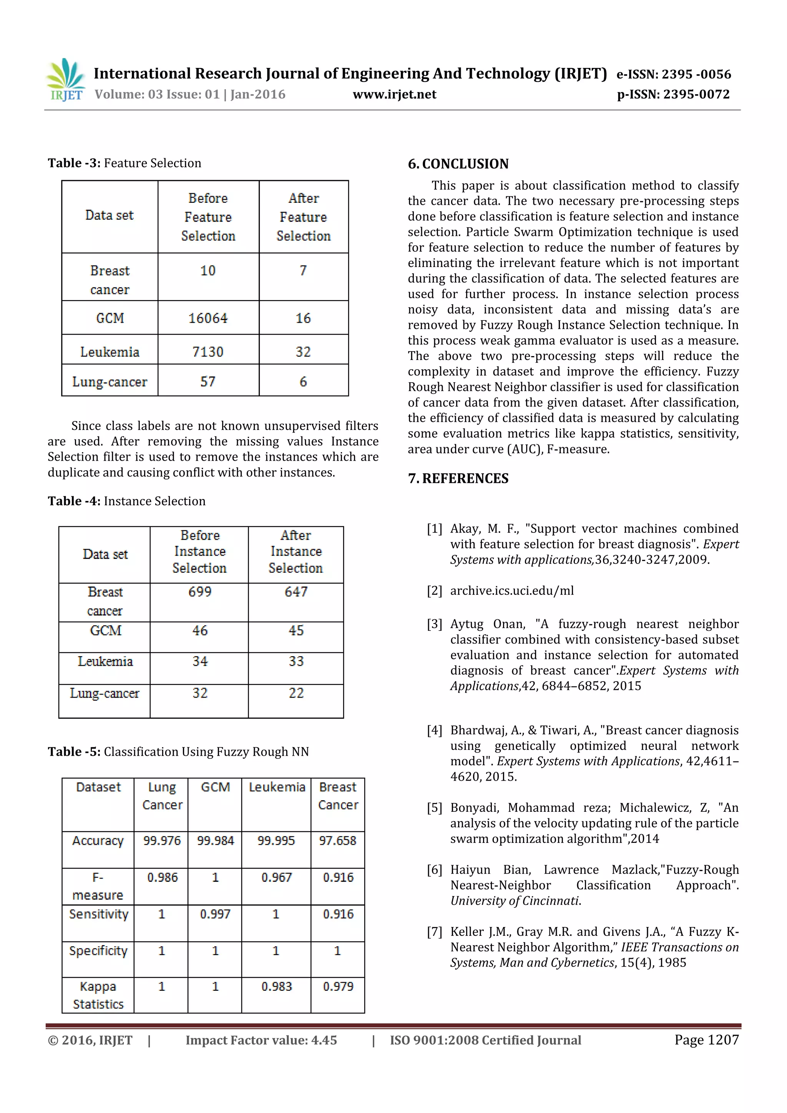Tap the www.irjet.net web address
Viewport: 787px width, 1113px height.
pyautogui.click(x=394, y=94)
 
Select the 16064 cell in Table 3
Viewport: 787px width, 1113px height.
pyautogui.click(x=208, y=318)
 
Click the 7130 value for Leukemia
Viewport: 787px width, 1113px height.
pyautogui.click(x=208, y=352)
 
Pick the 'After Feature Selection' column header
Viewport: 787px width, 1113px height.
pyautogui.click(x=304, y=217)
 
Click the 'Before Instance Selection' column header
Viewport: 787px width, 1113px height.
pyautogui.click(x=199, y=552)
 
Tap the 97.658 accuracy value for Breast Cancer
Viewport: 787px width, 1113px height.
pyautogui.click(x=337, y=841)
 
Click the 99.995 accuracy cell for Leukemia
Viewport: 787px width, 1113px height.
pyautogui.click(x=276, y=841)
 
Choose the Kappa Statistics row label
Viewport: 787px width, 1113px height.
pyautogui.click(x=98, y=995)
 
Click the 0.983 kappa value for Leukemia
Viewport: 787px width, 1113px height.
pyautogui.click(x=276, y=987)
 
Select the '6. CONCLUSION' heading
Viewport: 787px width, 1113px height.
pyautogui.click(x=458, y=164)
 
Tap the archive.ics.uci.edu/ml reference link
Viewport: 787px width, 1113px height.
pyautogui.click(x=511, y=591)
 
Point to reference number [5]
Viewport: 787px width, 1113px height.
pyautogui.click(x=435, y=808)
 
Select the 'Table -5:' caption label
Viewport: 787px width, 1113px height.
pyautogui.click(x=74, y=751)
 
